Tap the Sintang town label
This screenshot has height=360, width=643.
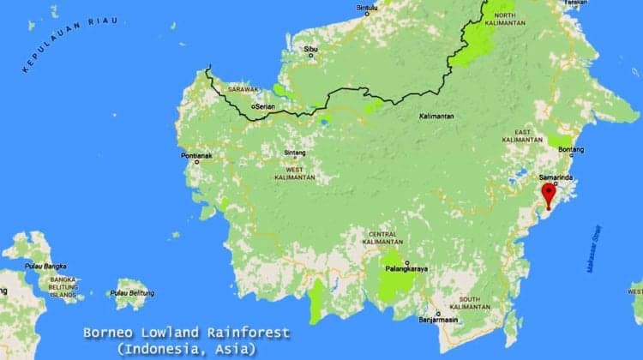click(295, 153)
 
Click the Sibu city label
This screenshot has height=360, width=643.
click(310, 50)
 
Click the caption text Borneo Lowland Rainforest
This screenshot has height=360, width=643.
click(186, 333)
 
